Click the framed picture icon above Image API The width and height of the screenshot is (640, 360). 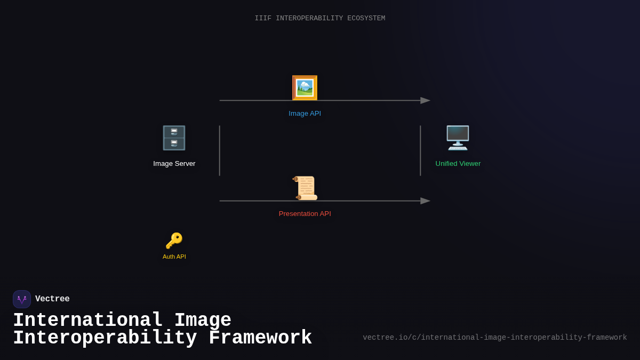[305, 88]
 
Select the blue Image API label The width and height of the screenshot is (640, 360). [305, 114]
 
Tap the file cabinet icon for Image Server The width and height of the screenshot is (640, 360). [174, 138]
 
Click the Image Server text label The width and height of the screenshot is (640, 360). [174, 164]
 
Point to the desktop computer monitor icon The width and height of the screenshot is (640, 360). [458, 138]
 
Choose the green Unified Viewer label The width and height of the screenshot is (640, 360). [458, 164]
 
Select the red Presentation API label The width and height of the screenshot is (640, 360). [305, 214]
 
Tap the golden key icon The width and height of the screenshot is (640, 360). [174, 241]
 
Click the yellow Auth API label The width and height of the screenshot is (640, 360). [174, 257]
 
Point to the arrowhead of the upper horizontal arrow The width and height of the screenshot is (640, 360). [426, 100]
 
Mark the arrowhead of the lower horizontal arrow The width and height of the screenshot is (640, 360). [426, 201]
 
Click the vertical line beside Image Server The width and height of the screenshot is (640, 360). [220, 150]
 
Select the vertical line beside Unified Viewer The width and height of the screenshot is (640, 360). [420, 150]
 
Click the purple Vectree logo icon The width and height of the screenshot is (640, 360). [22, 299]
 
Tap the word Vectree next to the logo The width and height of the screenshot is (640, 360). [52, 299]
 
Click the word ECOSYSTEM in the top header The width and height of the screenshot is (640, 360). [366, 18]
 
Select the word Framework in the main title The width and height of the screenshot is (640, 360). [260, 338]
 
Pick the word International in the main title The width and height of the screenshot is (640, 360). [88, 321]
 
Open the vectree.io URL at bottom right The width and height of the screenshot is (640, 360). [494, 338]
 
